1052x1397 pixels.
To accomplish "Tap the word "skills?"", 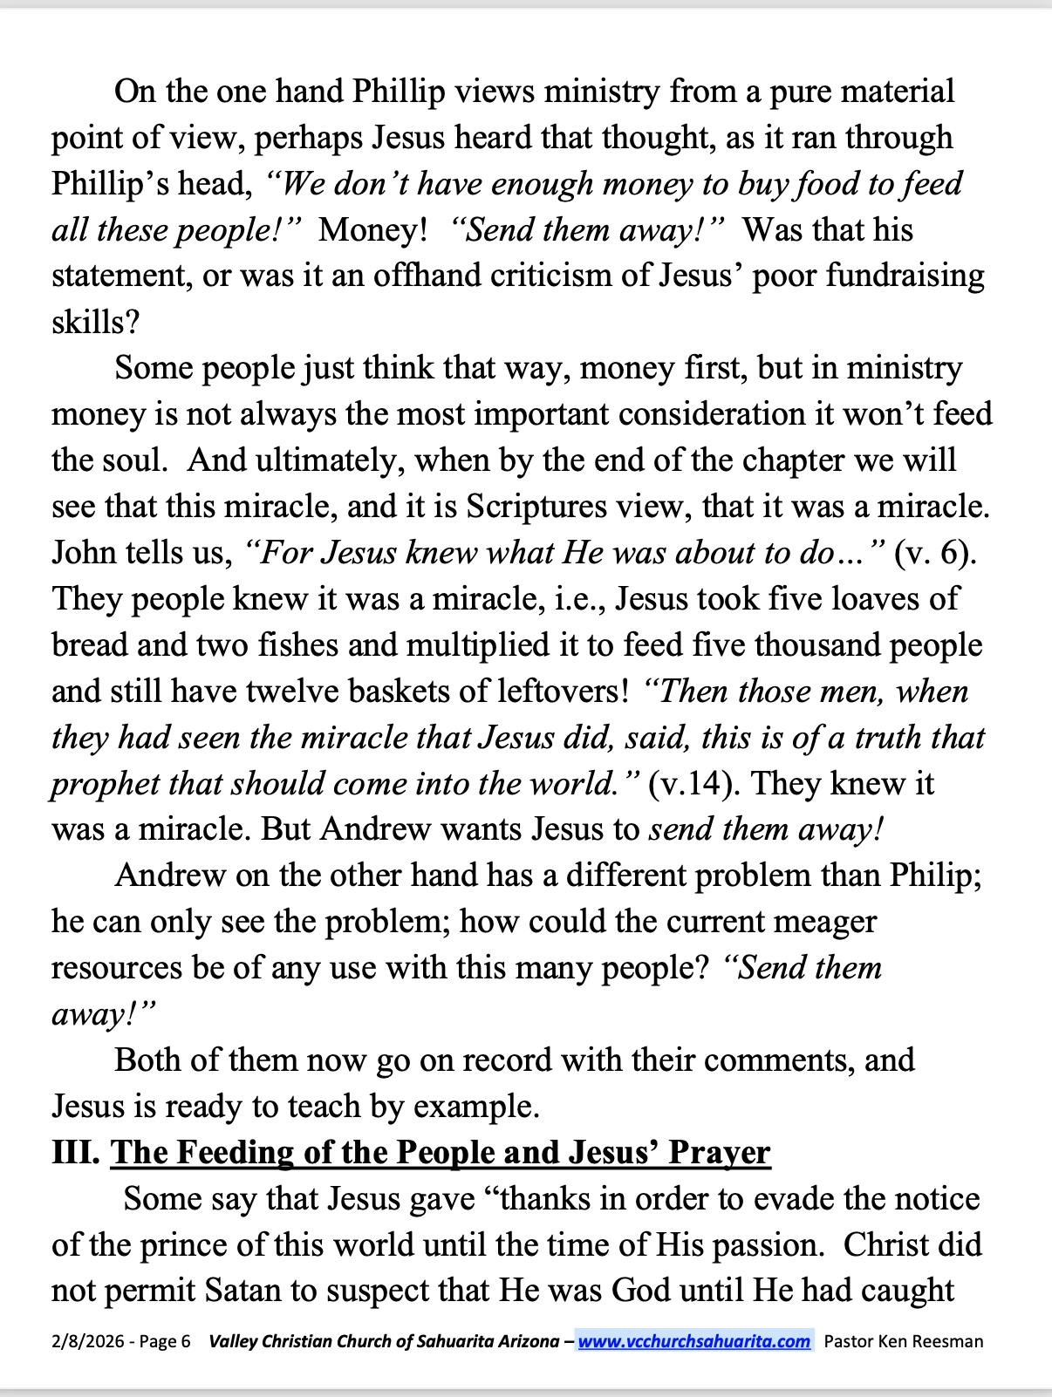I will coord(95,323).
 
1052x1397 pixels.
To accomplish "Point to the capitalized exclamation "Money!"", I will coord(373,230).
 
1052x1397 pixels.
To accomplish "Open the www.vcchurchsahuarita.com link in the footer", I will coord(693,1341).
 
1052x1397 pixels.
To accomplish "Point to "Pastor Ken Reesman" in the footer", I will coord(903,1341).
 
